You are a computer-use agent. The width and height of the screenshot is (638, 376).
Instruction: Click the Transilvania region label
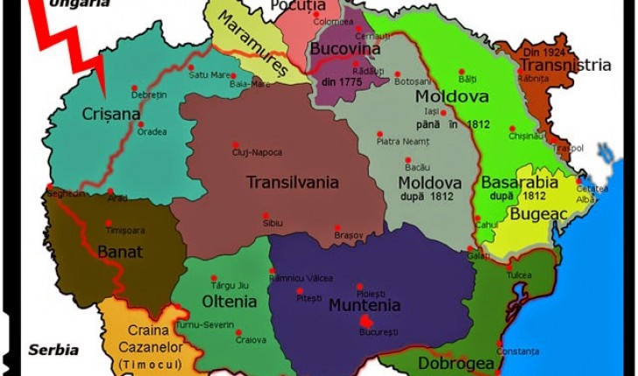coord(292,183)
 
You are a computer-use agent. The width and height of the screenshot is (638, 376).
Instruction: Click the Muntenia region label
coord(364,305)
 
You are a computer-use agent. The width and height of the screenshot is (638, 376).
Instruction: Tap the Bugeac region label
coord(540,213)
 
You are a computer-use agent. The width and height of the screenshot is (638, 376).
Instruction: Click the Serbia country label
coord(53,350)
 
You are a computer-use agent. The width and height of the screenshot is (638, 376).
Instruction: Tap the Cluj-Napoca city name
coord(257,152)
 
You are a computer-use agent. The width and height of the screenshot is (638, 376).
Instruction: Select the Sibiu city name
coord(273,223)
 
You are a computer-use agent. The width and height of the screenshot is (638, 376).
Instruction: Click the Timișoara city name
coord(124,230)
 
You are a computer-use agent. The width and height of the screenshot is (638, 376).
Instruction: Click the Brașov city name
coord(348,235)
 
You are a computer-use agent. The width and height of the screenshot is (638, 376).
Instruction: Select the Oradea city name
coord(152,133)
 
